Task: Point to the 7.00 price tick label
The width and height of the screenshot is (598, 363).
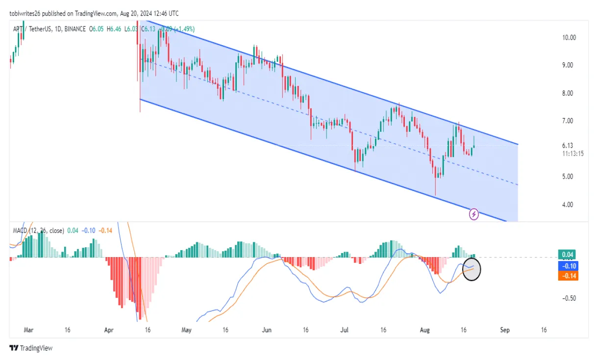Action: pos(568,121)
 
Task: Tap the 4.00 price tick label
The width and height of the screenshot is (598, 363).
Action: pos(568,205)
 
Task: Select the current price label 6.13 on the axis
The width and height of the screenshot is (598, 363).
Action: pos(568,146)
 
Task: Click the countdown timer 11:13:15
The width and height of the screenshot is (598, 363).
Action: pos(573,154)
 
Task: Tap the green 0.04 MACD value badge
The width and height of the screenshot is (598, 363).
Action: pos(567,255)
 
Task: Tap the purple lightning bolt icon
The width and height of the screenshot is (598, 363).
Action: pos(474,214)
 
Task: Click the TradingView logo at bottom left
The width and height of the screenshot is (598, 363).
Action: pos(31,348)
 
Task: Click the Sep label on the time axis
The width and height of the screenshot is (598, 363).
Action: pos(505,330)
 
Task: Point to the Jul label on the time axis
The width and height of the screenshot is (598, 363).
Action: pos(346,330)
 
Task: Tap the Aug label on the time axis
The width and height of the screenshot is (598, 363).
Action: pos(424,330)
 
